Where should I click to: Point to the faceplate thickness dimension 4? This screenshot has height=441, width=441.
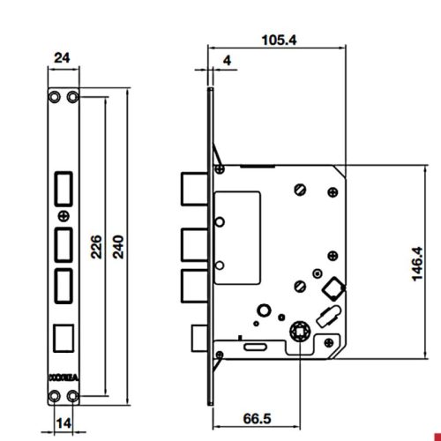pyautogui.click(x=228, y=61)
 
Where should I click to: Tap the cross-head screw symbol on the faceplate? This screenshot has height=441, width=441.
pyautogui.click(x=63, y=215)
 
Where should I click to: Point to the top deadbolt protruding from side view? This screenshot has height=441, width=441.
pyautogui.click(x=194, y=188)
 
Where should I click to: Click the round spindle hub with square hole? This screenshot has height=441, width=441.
pyautogui.click(x=299, y=333)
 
